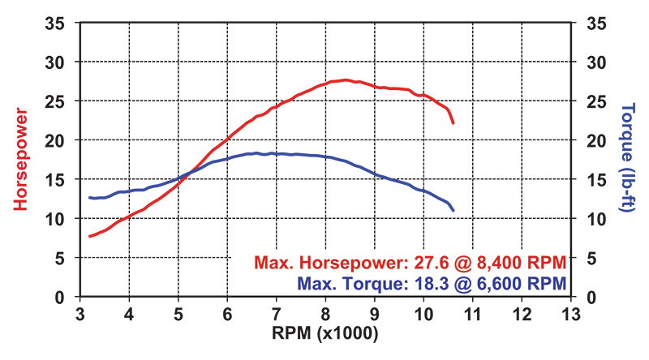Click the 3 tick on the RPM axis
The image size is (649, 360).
(80, 313)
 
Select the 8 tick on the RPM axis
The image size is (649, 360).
(325, 313)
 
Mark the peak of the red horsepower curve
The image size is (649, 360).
(346, 79)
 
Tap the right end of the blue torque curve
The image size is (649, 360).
(453, 211)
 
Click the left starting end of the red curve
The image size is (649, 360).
(90, 236)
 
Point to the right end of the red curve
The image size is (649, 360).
(453, 122)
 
